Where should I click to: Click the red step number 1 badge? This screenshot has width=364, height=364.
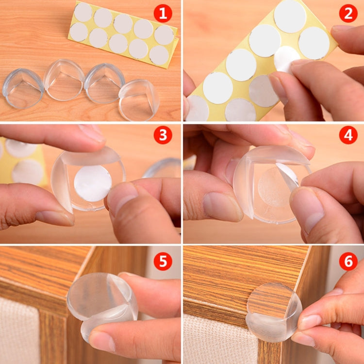click(x=163, y=13)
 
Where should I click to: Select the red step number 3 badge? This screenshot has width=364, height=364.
click(x=163, y=135)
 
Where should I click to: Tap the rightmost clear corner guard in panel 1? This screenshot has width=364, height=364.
click(x=139, y=99)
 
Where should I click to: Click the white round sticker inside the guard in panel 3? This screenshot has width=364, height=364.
click(x=92, y=183)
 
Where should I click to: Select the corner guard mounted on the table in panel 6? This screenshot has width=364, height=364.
click(x=274, y=311)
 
